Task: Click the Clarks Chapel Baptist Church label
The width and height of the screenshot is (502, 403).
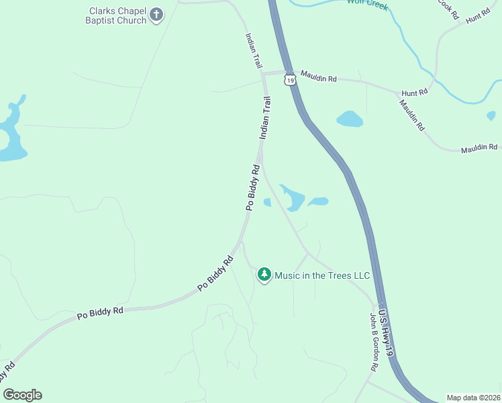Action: [x=117, y=15]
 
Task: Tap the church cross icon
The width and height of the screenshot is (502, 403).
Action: [x=156, y=15]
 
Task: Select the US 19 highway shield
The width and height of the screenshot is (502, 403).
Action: [x=289, y=80]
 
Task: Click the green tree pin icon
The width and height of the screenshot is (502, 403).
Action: [x=264, y=275]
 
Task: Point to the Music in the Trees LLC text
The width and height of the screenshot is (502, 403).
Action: [x=322, y=275]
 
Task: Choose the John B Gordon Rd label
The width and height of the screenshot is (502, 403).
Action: [x=374, y=342]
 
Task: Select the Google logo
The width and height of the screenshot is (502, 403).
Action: [x=22, y=395]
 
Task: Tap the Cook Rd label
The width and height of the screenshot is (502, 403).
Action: [x=448, y=9]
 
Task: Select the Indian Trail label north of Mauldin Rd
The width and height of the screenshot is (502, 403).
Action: [x=253, y=51]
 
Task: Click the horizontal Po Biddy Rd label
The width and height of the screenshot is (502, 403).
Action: [x=100, y=312]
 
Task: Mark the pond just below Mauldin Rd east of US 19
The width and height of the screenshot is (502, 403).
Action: [x=350, y=119]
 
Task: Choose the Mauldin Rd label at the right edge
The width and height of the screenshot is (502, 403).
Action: [x=479, y=148]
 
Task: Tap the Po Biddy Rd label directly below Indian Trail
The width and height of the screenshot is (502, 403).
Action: [x=252, y=187]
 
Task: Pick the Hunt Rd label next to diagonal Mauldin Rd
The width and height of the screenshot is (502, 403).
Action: [x=414, y=93]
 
